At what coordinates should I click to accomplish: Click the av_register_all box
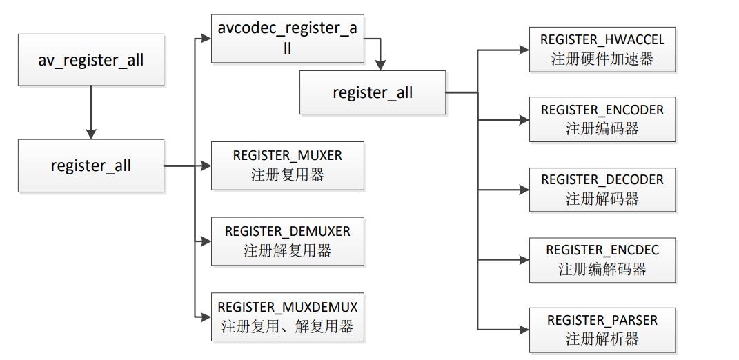point(91,60)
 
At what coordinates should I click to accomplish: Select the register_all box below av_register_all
point(91,166)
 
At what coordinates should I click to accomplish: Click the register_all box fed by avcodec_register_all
point(373,92)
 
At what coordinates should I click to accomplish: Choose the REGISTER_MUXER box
point(287,166)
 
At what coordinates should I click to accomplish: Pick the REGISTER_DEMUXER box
point(287,241)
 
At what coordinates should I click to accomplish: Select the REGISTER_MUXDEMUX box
point(288,317)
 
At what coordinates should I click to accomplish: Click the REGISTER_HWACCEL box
point(602,50)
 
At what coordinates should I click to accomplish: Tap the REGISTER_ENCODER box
point(602,119)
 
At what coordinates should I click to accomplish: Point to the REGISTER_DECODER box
point(602,190)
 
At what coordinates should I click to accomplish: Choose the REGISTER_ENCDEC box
point(602,259)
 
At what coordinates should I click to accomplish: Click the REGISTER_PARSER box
point(602,330)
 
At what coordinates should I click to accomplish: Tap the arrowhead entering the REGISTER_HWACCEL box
point(524,50)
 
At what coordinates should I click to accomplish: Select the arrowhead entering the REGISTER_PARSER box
point(524,330)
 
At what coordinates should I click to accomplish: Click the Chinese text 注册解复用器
point(287,250)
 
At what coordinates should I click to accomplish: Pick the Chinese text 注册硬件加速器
point(602,59)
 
